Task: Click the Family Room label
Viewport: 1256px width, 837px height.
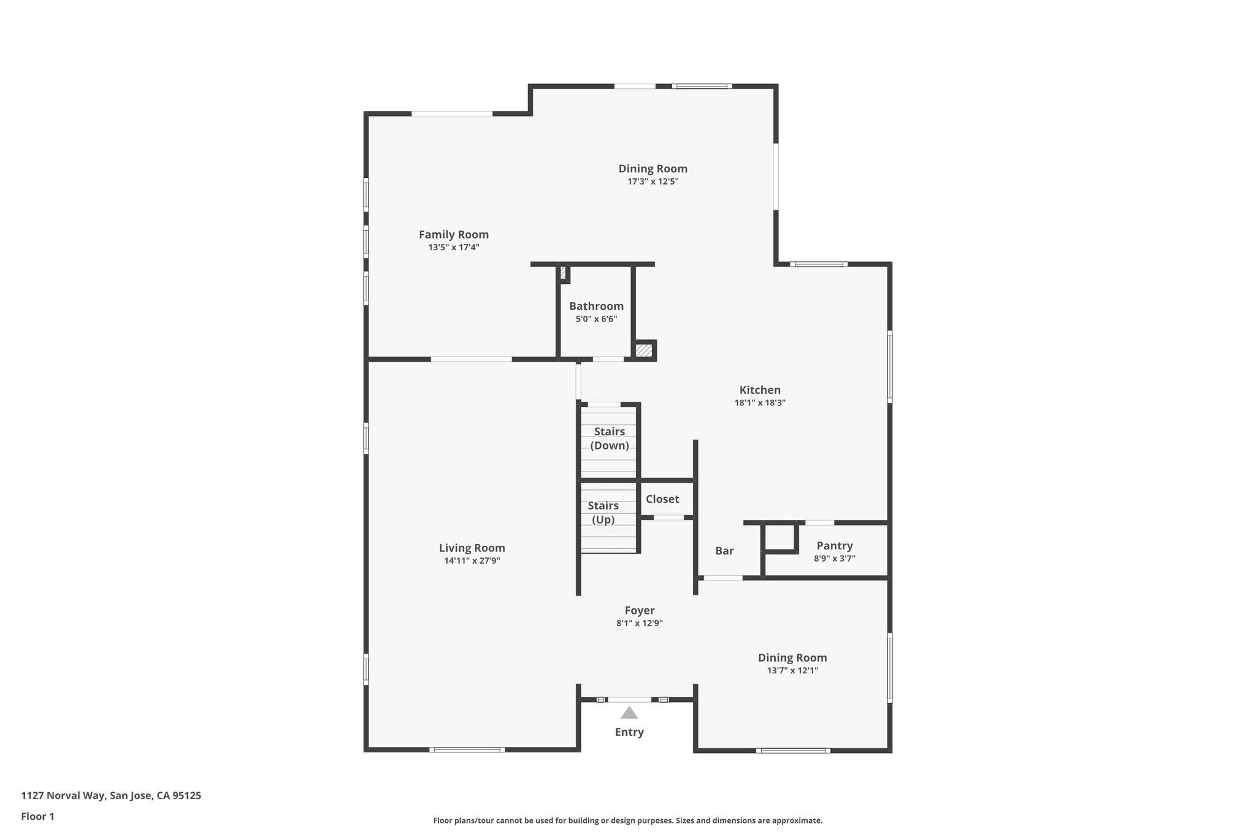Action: point(453,234)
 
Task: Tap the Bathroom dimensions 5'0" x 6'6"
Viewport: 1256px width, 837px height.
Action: point(595,319)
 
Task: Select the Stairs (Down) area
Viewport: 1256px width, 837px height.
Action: point(609,438)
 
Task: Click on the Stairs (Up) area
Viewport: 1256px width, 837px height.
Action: point(603,513)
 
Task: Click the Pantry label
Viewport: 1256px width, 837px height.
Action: point(834,545)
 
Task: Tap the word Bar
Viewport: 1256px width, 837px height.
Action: point(724,551)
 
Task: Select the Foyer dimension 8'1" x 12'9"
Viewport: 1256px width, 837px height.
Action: point(639,623)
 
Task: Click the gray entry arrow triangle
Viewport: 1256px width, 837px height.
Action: point(629,713)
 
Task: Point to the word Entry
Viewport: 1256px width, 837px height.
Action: point(629,732)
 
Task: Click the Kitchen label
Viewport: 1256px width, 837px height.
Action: point(759,389)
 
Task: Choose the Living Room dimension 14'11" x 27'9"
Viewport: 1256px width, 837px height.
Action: point(472,560)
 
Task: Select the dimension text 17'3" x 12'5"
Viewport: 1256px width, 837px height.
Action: point(653,182)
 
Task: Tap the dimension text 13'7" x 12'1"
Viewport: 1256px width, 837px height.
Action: point(792,670)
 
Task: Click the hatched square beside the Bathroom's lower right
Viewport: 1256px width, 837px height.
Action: point(643,350)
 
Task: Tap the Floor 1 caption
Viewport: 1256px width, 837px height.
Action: point(37,816)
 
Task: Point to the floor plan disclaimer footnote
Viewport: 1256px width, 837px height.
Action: point(627,820)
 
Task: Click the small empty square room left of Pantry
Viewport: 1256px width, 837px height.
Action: point(779,537)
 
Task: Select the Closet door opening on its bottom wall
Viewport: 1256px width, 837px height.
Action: point(668,518)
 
